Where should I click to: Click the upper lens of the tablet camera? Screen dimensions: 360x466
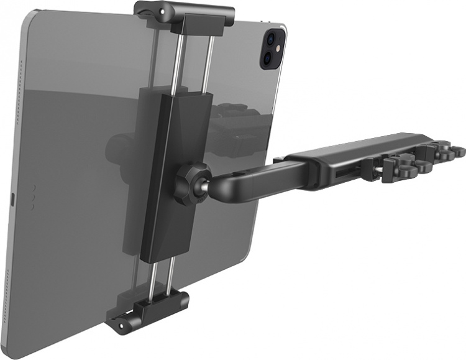tap(271, 39)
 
